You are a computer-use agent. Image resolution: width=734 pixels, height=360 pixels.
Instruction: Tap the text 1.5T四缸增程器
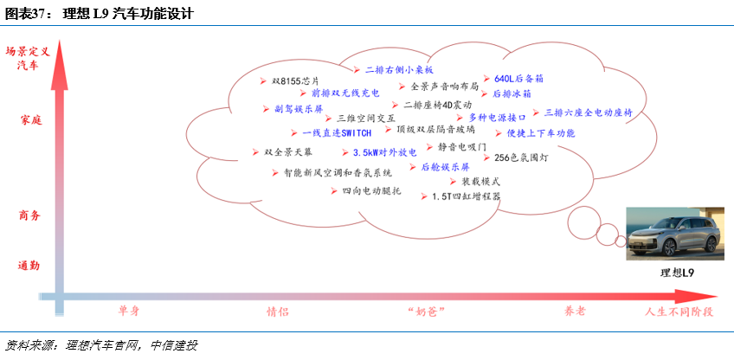point(466,196)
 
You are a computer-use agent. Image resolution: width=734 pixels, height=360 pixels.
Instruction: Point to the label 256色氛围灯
point(521,158)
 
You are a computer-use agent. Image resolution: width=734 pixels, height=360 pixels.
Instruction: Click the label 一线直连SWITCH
point(337,133)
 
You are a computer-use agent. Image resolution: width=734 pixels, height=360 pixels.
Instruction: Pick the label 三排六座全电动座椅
point(589,112)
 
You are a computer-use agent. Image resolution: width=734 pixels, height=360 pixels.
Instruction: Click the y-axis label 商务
point(30,215)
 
